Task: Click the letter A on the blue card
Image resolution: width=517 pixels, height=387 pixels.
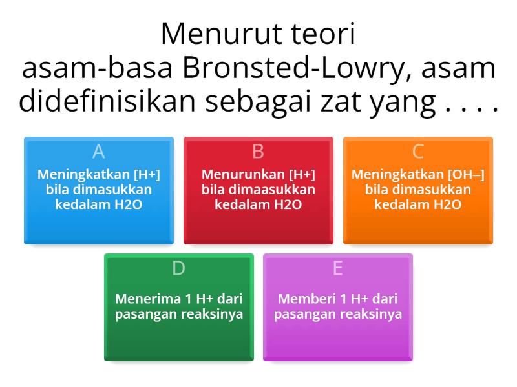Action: (98, 152)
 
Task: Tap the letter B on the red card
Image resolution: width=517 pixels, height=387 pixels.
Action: (258, 152)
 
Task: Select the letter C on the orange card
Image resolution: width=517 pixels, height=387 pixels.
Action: (417, 152)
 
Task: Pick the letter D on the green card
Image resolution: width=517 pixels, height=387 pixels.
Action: (178, 268)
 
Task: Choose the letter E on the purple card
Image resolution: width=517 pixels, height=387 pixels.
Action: (337, 268)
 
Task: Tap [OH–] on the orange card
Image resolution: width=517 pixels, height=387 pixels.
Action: (465, 174)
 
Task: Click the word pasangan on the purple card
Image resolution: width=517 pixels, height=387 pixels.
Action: (301, 315)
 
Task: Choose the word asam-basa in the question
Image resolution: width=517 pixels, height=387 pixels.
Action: (83, 69)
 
